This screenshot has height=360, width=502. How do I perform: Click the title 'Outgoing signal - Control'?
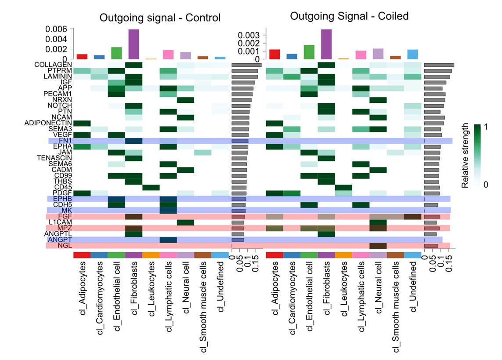160,18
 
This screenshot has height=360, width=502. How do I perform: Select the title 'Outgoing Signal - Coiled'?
349,16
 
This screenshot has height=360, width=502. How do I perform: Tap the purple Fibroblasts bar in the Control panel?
134,44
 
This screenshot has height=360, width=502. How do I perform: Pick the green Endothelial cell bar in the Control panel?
116,53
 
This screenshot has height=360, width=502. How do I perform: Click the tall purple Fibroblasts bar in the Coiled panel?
326,44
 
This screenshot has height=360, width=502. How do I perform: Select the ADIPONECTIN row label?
48,123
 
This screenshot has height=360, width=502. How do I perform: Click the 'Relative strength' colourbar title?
466,156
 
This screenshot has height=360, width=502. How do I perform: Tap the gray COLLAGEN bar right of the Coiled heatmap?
439,65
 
